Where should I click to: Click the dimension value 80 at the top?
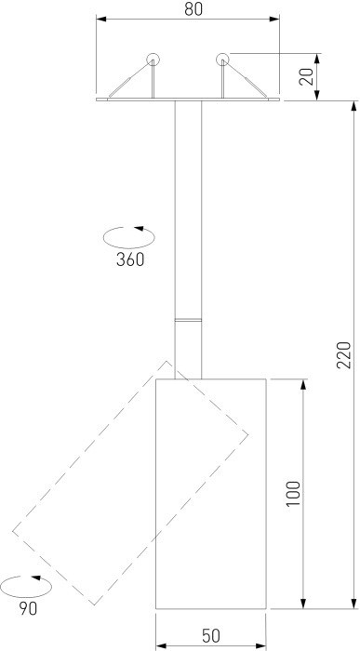[x=193, y=10]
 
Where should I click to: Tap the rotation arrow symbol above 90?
[x=27, y=587]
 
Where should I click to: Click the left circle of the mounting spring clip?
[x=153, y=60]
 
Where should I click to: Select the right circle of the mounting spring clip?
[x=222, y=60]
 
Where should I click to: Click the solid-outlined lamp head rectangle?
[x=210, y=493]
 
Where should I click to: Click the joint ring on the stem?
[x=188, y=320]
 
